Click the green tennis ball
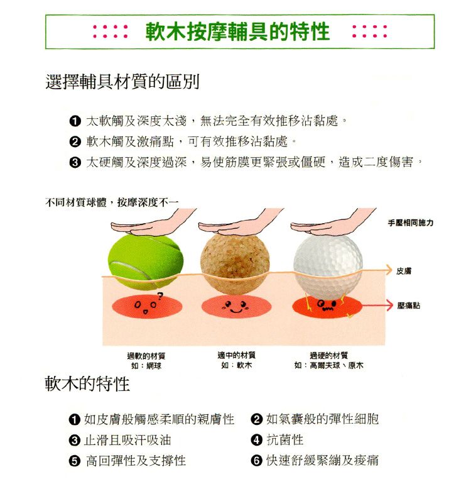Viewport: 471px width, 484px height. tap(146, 262)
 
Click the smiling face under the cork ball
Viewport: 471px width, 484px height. tap(236, 307)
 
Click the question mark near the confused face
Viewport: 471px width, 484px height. tap(160, 296)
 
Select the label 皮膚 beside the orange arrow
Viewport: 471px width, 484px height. tap(404, 271)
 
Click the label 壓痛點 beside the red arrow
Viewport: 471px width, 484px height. tap(408, 305)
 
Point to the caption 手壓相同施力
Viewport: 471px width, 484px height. tap(411, 223)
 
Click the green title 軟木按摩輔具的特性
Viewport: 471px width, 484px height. tap(237, 31)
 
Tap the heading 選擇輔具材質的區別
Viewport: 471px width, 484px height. tap(122, 82)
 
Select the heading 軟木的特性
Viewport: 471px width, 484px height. tap(87, 383)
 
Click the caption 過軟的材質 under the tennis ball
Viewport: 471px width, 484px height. tap(146, 356)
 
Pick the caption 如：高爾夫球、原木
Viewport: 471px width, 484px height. tap(329, 365)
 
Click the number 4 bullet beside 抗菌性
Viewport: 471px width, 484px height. tap(257, 440)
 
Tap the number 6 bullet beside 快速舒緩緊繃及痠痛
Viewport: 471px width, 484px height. tap(257, 461)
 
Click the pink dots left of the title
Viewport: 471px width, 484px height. tap(111, 31)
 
